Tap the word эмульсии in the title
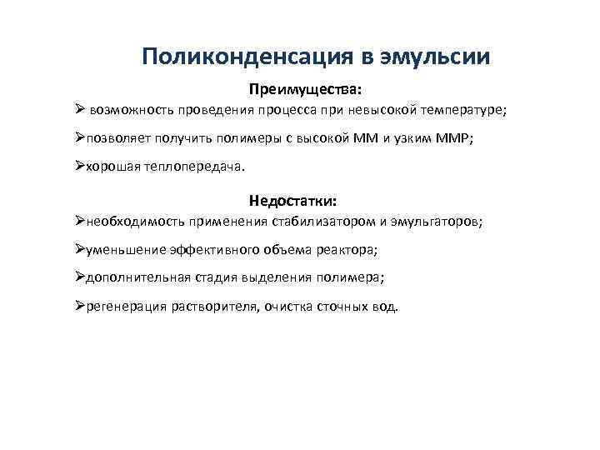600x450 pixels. point(435,57)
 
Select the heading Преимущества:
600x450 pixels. point(307,87)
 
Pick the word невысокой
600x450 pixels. point(358,109)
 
